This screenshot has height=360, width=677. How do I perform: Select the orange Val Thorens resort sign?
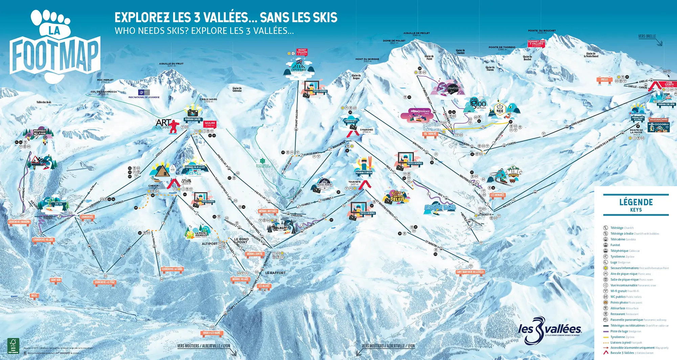(x=430, y=134)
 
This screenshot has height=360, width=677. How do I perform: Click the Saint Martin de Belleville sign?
(x=470, y=272)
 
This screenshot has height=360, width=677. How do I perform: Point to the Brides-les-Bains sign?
(x=212, y=333)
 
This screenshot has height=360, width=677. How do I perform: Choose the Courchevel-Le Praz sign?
(x=105, y=282)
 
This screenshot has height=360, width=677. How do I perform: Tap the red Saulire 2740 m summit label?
(x=210, y=124)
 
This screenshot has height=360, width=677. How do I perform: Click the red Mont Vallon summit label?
(x=302, y=52)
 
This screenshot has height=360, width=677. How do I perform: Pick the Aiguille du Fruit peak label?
(x=171, y=64)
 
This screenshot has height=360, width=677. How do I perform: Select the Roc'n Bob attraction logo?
(x=440, y=207)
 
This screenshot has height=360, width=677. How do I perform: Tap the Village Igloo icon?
(x=478, y=103)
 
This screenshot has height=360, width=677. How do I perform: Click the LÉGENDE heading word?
(x=636, y=202)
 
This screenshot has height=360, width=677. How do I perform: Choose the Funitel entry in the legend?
(x=615, y=245)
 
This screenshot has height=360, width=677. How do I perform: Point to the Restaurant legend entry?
(x=617, y=314)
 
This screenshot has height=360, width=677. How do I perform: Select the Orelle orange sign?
(x=604, y=80)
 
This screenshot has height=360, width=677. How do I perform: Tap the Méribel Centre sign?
(x=255, y=254)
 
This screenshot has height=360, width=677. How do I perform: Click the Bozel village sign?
(x=34, y=296)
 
